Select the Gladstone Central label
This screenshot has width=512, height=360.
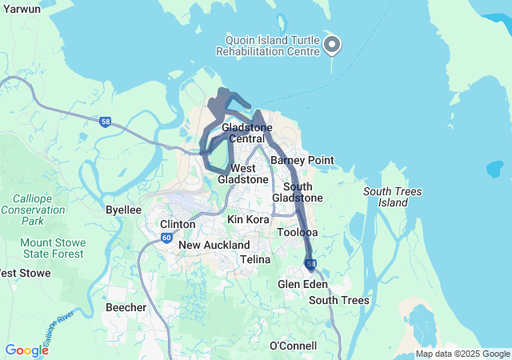[x=247, y=134]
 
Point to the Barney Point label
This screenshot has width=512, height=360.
[x=302, y=160]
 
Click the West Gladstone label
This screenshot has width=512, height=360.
[x=242, y=174]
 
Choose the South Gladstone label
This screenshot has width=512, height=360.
[x=297, y=192]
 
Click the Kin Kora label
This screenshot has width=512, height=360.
[x=247, y=219]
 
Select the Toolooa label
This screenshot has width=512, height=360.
[x=297, y=233]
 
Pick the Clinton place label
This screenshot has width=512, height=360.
[x=178, y=224]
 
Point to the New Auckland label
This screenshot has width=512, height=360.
[x=214, y=245]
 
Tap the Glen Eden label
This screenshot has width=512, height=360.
[x=298, y=284]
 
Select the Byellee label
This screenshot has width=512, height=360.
[x=123, y=210]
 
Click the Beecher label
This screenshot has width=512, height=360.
[x=126, y=307]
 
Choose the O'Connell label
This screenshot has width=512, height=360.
[x=293, y=346]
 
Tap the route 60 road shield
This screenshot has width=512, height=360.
[x=166, y=238]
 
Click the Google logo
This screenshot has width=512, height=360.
[x=26, y=350]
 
